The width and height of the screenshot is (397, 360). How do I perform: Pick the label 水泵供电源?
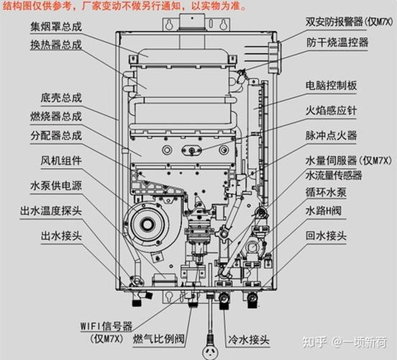pyautogui.click(x=56, y=185)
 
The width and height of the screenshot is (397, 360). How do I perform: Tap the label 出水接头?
pyautogui.click(x=56, y=235)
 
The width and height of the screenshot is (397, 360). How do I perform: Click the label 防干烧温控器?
pyautogui.click(x=337, y=43)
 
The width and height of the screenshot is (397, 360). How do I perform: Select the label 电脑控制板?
pyautogui.click(x=337, y=84)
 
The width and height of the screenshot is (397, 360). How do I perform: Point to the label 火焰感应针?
pyautogui.click(x=337, y=110)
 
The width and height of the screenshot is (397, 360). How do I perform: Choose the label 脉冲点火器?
pyautogui.click(x=337, y=135)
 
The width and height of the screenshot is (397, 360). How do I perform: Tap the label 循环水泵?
pyautogui.click(x=332, y=193)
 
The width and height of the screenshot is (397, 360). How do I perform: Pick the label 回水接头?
pyautogui.click(x=332, y=235)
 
